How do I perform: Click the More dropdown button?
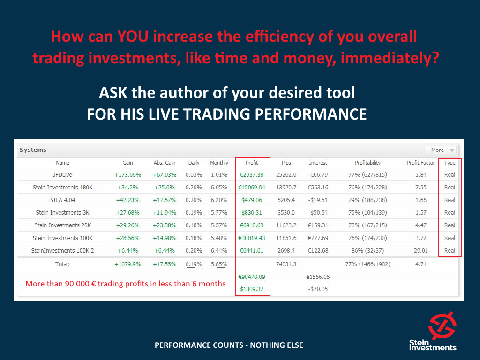[x=440, y=150]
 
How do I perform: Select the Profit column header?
[x=252, y=163]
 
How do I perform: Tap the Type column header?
[x=450, y=163]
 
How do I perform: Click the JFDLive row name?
[x=62, y=175]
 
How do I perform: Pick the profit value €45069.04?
[x=252, y=187]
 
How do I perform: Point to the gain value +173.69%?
[x=127, y=175]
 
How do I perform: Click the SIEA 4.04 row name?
[x=62, y=200]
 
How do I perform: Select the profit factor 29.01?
[x=420, y=250]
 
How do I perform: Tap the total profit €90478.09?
[x=252, y=277]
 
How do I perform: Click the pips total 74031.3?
[x=286, y=264]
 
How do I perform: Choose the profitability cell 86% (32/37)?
[x=367, y=250]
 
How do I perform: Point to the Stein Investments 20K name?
[x=62, y=225]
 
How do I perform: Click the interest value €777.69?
[x=318, y=238]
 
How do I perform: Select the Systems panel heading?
[x=33, y=150]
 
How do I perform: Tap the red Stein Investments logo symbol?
[x=442, y=326]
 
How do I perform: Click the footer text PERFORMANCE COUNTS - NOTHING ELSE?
[x=229, y=345]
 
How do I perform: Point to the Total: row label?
[x=62, y=264]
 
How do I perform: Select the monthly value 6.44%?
[x=219, y=250]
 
